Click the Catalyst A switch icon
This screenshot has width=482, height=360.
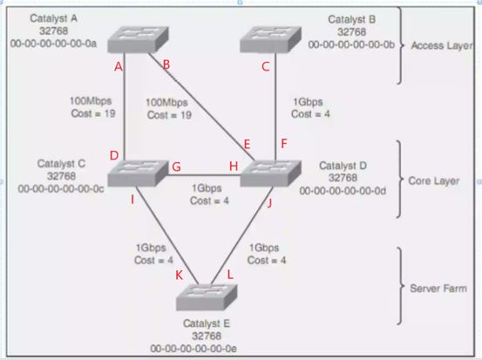(x=138, y=39)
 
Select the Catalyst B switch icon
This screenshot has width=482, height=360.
(x=270, y=39)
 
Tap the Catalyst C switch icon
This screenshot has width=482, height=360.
(x=138, y=173)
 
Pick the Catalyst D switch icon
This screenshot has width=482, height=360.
(x=270, y=173)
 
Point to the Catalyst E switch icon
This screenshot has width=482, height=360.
(x=207, y=297)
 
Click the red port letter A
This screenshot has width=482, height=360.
(x=119, y=66)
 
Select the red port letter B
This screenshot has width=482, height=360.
(x=166, y=65)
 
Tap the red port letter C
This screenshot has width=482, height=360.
(x=266, y=66)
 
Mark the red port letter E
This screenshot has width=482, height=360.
(x=247, y=144)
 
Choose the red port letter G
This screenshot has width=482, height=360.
(x=176, y=166)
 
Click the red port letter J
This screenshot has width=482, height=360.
(x=269, y=203)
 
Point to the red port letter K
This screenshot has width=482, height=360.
(x=179, y=275)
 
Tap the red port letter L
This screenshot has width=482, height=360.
(x=230, y=275)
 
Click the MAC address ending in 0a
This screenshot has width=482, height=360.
(x=53, y=44)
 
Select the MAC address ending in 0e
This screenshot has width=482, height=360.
(x=193, y=349)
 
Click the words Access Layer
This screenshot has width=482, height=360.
(x=442, y=45)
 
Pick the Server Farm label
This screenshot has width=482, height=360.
(x=438, y=289)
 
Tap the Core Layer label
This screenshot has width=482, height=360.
(x=434, y=181)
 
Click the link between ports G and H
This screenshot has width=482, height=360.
(x=203, y=175)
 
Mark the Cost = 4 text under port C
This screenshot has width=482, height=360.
(x=310, y=114)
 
